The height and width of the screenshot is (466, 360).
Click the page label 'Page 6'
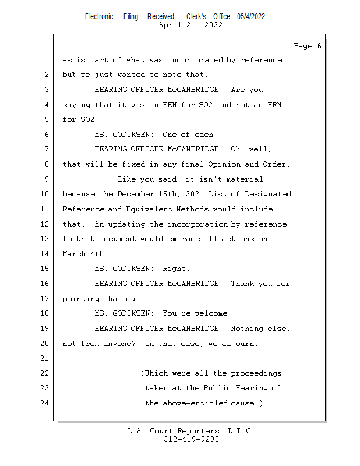point(307,46)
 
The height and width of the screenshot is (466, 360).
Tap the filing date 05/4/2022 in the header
point(251,16)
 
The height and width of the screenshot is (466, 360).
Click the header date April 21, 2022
point(190,25)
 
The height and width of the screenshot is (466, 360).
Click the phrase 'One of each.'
point(190,135)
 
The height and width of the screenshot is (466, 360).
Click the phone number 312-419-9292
point(191,439)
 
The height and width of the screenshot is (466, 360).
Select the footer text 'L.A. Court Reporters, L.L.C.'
point(190,431)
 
